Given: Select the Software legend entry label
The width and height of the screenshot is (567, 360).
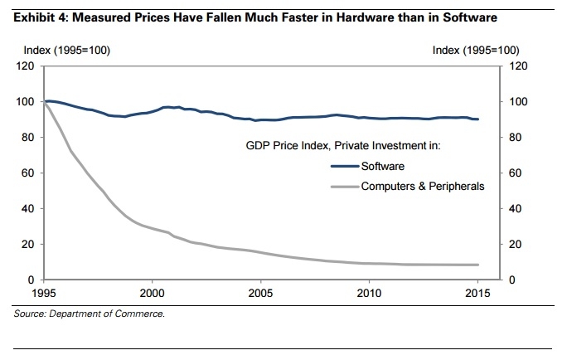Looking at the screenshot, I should coord(383,166).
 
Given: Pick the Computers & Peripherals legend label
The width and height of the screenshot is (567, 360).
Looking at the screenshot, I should coord(422,187).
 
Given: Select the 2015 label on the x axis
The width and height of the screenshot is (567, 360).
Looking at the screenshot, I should coord(477,294).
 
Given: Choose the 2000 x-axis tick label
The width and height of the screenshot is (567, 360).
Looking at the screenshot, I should coord(152,294).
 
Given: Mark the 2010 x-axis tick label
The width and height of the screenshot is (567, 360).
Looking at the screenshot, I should coord(369,294).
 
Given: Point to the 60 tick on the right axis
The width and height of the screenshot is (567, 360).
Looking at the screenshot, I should coord(511,173).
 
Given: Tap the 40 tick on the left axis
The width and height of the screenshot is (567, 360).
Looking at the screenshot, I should coord(26,209).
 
